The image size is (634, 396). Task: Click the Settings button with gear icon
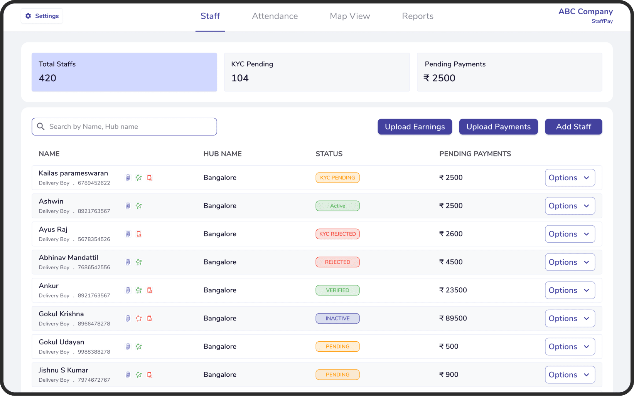42,16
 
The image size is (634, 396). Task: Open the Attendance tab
275,16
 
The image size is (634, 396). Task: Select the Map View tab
350,16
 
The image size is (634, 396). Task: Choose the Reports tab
417,16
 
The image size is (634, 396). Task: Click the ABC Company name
585,12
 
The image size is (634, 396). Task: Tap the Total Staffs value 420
47,78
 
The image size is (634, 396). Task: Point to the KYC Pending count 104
240,78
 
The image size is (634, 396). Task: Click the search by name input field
124,127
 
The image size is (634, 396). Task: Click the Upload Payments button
498,127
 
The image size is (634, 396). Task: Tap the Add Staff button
573,127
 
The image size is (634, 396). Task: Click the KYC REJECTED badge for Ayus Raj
337,234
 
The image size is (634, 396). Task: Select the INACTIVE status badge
337,318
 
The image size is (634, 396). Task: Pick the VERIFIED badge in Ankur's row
337,290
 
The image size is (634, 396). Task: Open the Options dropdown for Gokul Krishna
570,318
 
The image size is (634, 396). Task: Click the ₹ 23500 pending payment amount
453,290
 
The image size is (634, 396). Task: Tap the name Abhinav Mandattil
69,258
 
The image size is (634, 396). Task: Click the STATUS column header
329,154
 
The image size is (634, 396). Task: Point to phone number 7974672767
94,380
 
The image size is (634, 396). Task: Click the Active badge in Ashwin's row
337,206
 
